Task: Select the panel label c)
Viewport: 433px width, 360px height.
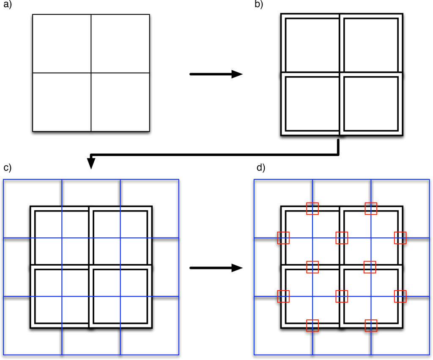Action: pos(7,168)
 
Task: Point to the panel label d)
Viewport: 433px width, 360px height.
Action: pos(261,168)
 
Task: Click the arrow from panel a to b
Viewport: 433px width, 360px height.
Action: pos(216,74)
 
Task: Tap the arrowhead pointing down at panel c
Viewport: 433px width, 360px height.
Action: pos(91,163)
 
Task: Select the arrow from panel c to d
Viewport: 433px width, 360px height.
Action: pos(216,268)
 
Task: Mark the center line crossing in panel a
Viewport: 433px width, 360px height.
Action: pos(91,73)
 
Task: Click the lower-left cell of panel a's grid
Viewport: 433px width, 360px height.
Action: pos(62,102)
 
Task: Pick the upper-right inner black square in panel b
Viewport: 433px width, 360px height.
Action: pos(371,46)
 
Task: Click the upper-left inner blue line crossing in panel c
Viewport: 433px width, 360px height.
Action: pos(62,238)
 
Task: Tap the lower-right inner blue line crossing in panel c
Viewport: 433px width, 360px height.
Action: pos(121,297)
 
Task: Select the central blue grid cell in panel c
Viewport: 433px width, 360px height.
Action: pos(91,267)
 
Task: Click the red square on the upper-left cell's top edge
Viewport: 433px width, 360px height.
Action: pos(312,209)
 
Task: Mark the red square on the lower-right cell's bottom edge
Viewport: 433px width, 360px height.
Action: pos(371,326)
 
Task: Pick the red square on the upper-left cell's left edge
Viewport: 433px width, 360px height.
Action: pos(283,238)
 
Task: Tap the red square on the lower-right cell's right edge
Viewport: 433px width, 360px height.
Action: pos(400,297)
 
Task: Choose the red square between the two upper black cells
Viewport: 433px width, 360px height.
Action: pos(342,238)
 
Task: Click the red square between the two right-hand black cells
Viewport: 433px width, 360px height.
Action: pos(370,267)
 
